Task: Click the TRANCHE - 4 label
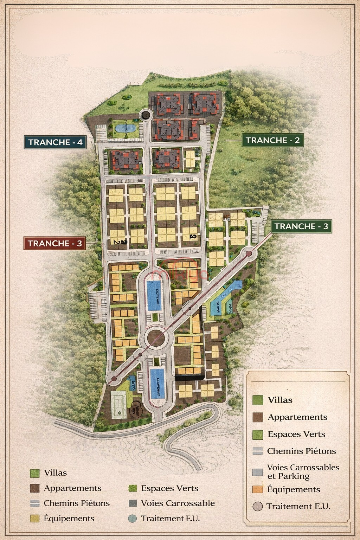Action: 55,142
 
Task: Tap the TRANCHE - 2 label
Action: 272,140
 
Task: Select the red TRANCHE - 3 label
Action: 54,243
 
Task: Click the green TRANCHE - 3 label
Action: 301,226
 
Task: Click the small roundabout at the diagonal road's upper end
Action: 249,253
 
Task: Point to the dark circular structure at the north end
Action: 145,115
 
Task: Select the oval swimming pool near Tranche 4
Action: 126,128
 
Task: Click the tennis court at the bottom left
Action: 119,404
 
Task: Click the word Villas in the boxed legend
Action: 280,400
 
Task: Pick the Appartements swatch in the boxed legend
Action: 258,417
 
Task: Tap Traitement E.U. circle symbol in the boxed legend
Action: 258,507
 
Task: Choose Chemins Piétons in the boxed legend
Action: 301,451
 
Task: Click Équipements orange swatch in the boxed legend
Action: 258,489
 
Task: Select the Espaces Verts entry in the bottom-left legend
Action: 169,488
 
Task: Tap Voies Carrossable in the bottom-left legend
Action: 178,503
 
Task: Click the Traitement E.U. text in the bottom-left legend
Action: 170,518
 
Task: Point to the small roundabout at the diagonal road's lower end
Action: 114,378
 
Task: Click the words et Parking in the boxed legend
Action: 288,476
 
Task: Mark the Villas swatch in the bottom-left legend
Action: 34,473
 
